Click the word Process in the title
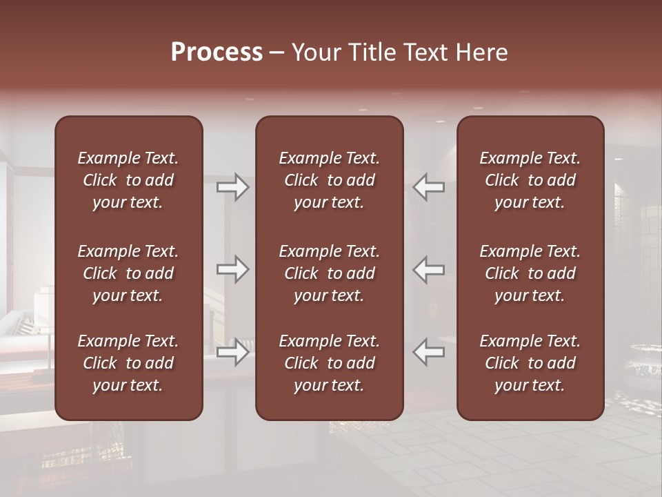click(x=217, y=52)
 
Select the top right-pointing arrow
click(x=233, y=187)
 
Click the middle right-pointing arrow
click(x=233, y=269)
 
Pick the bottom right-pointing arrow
click(x=233, y=352)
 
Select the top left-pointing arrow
click(x=429, y=187)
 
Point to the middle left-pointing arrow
click(x=429, y=269)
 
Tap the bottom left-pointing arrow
click(x=429, y=352)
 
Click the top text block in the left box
click(x=128, y=180)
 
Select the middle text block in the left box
click(x=128, y=273)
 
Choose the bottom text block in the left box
click(x=128, y=363)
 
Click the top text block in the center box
click(x=329, y=180)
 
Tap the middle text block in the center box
click(x=329, y=273)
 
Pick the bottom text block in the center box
click(x=329, y=363)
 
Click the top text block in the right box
click(x=530, y=180)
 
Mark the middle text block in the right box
click(x=530, y=273)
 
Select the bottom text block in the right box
click(x=530, y=363)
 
